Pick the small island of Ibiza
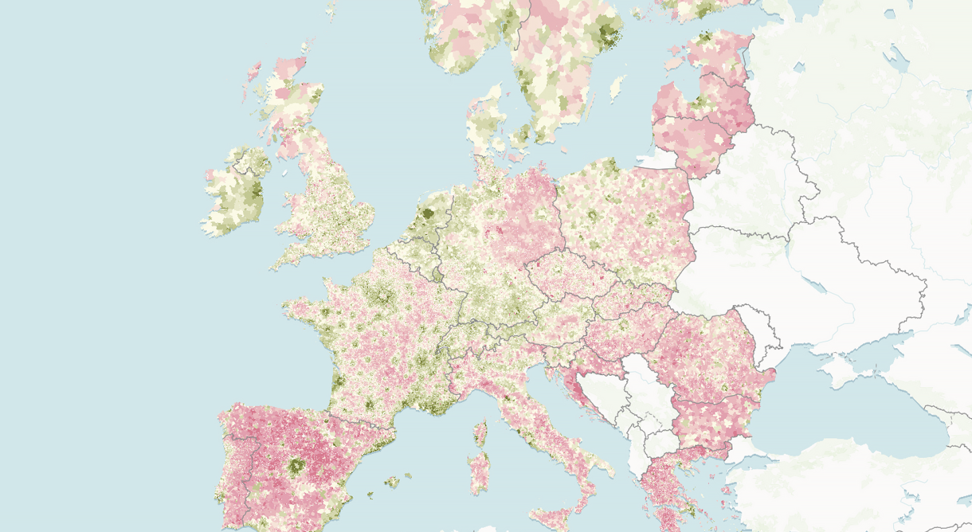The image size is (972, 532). (x=370, y=496)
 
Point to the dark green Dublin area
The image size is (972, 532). (x=256, y=191)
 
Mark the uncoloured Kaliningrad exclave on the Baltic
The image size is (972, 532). (x=656, y=159)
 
